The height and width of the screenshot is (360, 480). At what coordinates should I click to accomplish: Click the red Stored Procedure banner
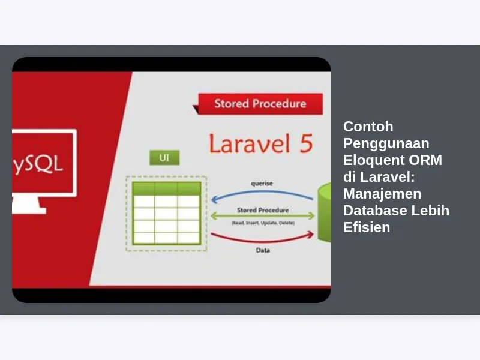(260, 104)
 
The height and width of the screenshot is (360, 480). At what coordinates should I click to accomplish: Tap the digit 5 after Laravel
(306, 143)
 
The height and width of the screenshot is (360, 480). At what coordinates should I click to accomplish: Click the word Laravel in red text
(250, 143)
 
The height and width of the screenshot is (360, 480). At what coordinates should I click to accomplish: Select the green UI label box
(164, 158)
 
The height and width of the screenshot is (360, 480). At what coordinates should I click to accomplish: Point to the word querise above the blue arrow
(262, 184)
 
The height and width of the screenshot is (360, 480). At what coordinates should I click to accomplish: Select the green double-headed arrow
(263, 215)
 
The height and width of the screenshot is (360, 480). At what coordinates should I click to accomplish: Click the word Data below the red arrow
(263, 250)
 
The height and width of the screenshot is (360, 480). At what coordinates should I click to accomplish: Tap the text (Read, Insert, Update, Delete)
(263, 223)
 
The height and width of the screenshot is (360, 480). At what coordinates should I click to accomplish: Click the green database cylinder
(325, 212)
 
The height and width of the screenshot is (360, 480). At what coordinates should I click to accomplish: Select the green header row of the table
(167, 188)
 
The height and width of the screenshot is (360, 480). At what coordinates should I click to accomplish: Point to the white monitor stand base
(29, 211)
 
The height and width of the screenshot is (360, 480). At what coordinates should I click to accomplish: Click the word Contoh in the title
(368, 127)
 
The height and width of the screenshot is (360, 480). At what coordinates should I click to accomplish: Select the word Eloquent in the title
(373, 160)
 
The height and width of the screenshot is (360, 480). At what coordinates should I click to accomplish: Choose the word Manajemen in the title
(382, 194)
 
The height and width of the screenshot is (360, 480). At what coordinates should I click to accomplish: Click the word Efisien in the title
(367, 227)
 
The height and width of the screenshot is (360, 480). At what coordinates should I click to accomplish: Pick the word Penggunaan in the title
(386, 143)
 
